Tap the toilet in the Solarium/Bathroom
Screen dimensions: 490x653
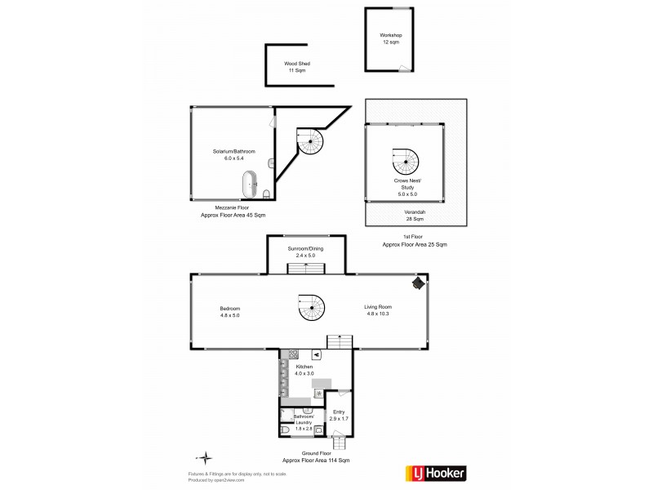click(267, 193)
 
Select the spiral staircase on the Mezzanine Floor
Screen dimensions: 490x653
click(309, 144)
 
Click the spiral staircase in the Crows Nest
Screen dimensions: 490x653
click(405, 160)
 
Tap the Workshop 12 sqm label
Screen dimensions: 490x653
click(391, 38)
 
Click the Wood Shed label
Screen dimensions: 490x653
click(296, 67)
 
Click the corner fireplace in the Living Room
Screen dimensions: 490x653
click(418, 283)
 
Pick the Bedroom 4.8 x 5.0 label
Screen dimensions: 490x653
click(230, 311)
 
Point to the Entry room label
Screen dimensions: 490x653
click(338, 415)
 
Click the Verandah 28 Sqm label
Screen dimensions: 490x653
click(415, 216)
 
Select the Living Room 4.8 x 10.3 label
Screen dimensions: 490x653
click(379, 311)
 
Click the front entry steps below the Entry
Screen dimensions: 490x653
click(340, 444)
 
